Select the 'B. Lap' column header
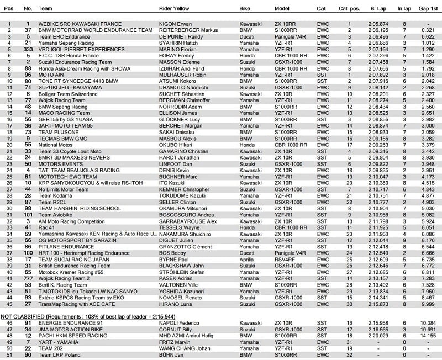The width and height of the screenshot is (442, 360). [x=378, y=9]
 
